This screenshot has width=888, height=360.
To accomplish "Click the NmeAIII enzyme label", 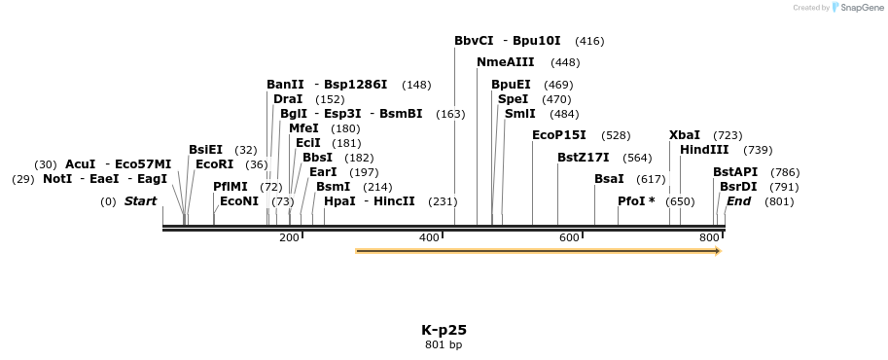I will (505, 62).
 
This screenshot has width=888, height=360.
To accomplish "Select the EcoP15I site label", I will (559, 135).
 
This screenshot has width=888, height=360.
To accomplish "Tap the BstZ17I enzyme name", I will (584, 158).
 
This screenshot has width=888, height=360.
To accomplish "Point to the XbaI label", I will (685, 135).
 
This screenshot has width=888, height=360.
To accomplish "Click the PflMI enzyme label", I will (231, 186).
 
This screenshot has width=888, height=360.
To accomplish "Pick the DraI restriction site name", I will (288, 99).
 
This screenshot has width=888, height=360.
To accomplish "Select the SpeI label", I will (513, 99).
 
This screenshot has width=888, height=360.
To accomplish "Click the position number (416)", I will (589, 41).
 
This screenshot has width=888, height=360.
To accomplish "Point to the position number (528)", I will (616, 135).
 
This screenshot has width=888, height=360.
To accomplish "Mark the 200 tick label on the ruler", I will (290, 238).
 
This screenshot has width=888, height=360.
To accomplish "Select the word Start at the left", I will (140, 201).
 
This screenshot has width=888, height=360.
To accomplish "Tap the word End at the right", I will (738, 201).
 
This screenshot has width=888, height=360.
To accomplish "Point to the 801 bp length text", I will (444, 345).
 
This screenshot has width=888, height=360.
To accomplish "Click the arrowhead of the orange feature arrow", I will (718, 251).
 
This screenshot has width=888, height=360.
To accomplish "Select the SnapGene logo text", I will (858, 8).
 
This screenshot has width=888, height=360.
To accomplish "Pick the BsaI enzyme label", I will (609, 179).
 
